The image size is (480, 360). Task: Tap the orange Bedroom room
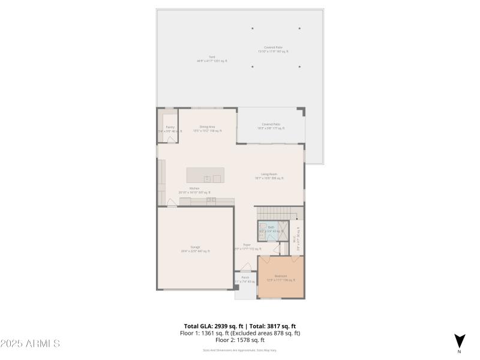[x=281, y=277]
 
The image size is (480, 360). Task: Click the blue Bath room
[x=271, y=229]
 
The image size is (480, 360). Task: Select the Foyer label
[x=247, y=246]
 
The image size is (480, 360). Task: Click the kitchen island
[x=205, y=175]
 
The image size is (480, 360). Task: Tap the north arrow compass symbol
[x=459, y=341]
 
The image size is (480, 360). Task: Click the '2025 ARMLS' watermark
[x=30, y=344]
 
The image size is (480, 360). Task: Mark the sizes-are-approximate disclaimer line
[x=240, y=350]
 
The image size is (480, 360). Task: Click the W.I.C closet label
[x=295, y=238]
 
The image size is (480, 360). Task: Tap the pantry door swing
[x=172, y=139]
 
